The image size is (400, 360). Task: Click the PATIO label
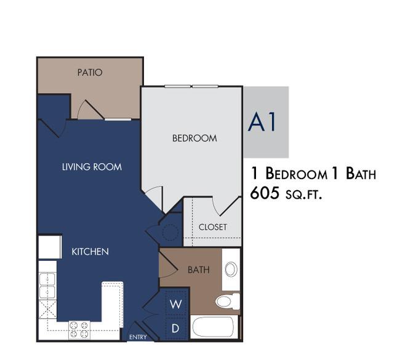click(90, 73)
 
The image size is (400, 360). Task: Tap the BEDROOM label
click(194, 138)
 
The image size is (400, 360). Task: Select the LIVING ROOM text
click(92, 167)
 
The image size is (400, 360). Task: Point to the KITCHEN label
click(90, 252)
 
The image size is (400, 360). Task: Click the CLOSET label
click(212, 227)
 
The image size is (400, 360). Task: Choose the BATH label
click(199, 270)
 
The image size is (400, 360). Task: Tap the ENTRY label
click(138, 337)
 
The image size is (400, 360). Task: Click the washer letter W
click(176, 304)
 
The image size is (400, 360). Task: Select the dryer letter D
click(175, 329)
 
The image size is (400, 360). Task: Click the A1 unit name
click(262, 122)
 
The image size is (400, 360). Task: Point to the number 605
click(265, 193)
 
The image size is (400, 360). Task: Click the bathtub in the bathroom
click(213, 327)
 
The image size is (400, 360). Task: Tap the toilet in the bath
click(228, 302)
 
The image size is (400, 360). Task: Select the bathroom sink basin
click(231, 269)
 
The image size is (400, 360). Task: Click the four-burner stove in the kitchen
click(79, 330)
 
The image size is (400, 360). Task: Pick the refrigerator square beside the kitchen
click(50, 247)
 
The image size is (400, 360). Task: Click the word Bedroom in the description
click(296, 174)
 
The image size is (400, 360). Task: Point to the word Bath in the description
click(361, 174)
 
